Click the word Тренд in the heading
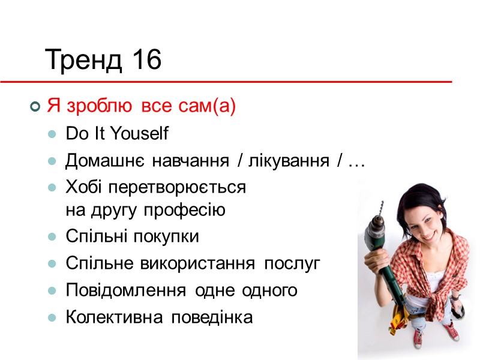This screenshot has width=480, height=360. coord(83,60)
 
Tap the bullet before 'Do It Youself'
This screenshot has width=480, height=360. coord(53,134)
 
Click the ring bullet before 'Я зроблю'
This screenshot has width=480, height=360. coord(35,107)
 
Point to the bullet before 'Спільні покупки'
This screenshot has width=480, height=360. coord(53,237)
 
